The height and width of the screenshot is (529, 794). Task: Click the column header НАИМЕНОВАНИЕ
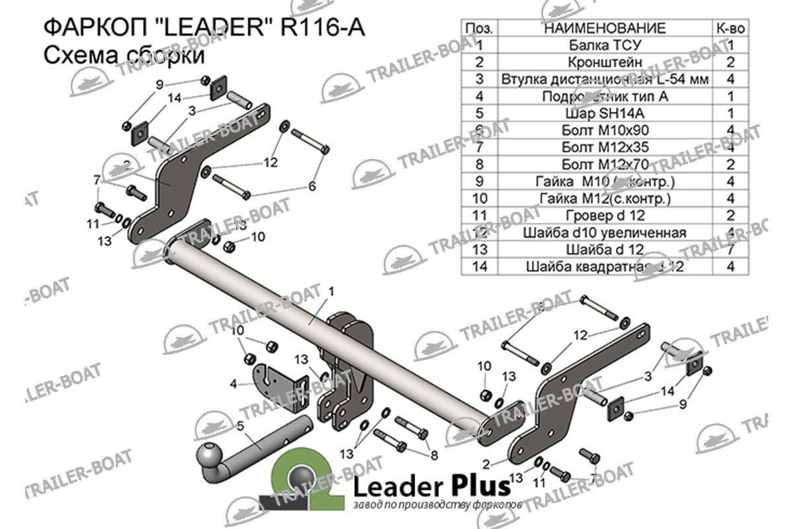[x=604, y=28]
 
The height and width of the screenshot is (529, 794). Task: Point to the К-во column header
[x=731, y=28]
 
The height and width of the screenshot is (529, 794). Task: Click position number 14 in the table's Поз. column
[x=480, y=267]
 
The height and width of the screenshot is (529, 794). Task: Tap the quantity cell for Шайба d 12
[x=731, y=250]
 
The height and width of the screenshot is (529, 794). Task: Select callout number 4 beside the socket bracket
[x=234, y=383]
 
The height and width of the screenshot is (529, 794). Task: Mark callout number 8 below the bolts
[x=434, y=455]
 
